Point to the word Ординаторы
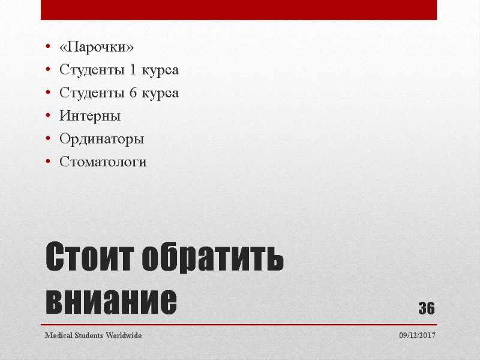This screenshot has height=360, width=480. (x=101, y=139)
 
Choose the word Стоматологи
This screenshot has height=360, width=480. (x=103, y=162)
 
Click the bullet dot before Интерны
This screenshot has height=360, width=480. (x=48, y=116)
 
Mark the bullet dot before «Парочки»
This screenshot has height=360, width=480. (x=48, y=47)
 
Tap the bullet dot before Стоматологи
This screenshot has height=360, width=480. (x=48, y=163)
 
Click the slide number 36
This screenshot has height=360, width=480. (x=426, y=308)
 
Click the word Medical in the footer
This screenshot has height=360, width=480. (x=59, y=335)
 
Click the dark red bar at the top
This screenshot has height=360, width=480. (x=238, y=10)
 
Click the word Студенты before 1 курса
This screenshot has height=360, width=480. (x=91, y=70)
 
